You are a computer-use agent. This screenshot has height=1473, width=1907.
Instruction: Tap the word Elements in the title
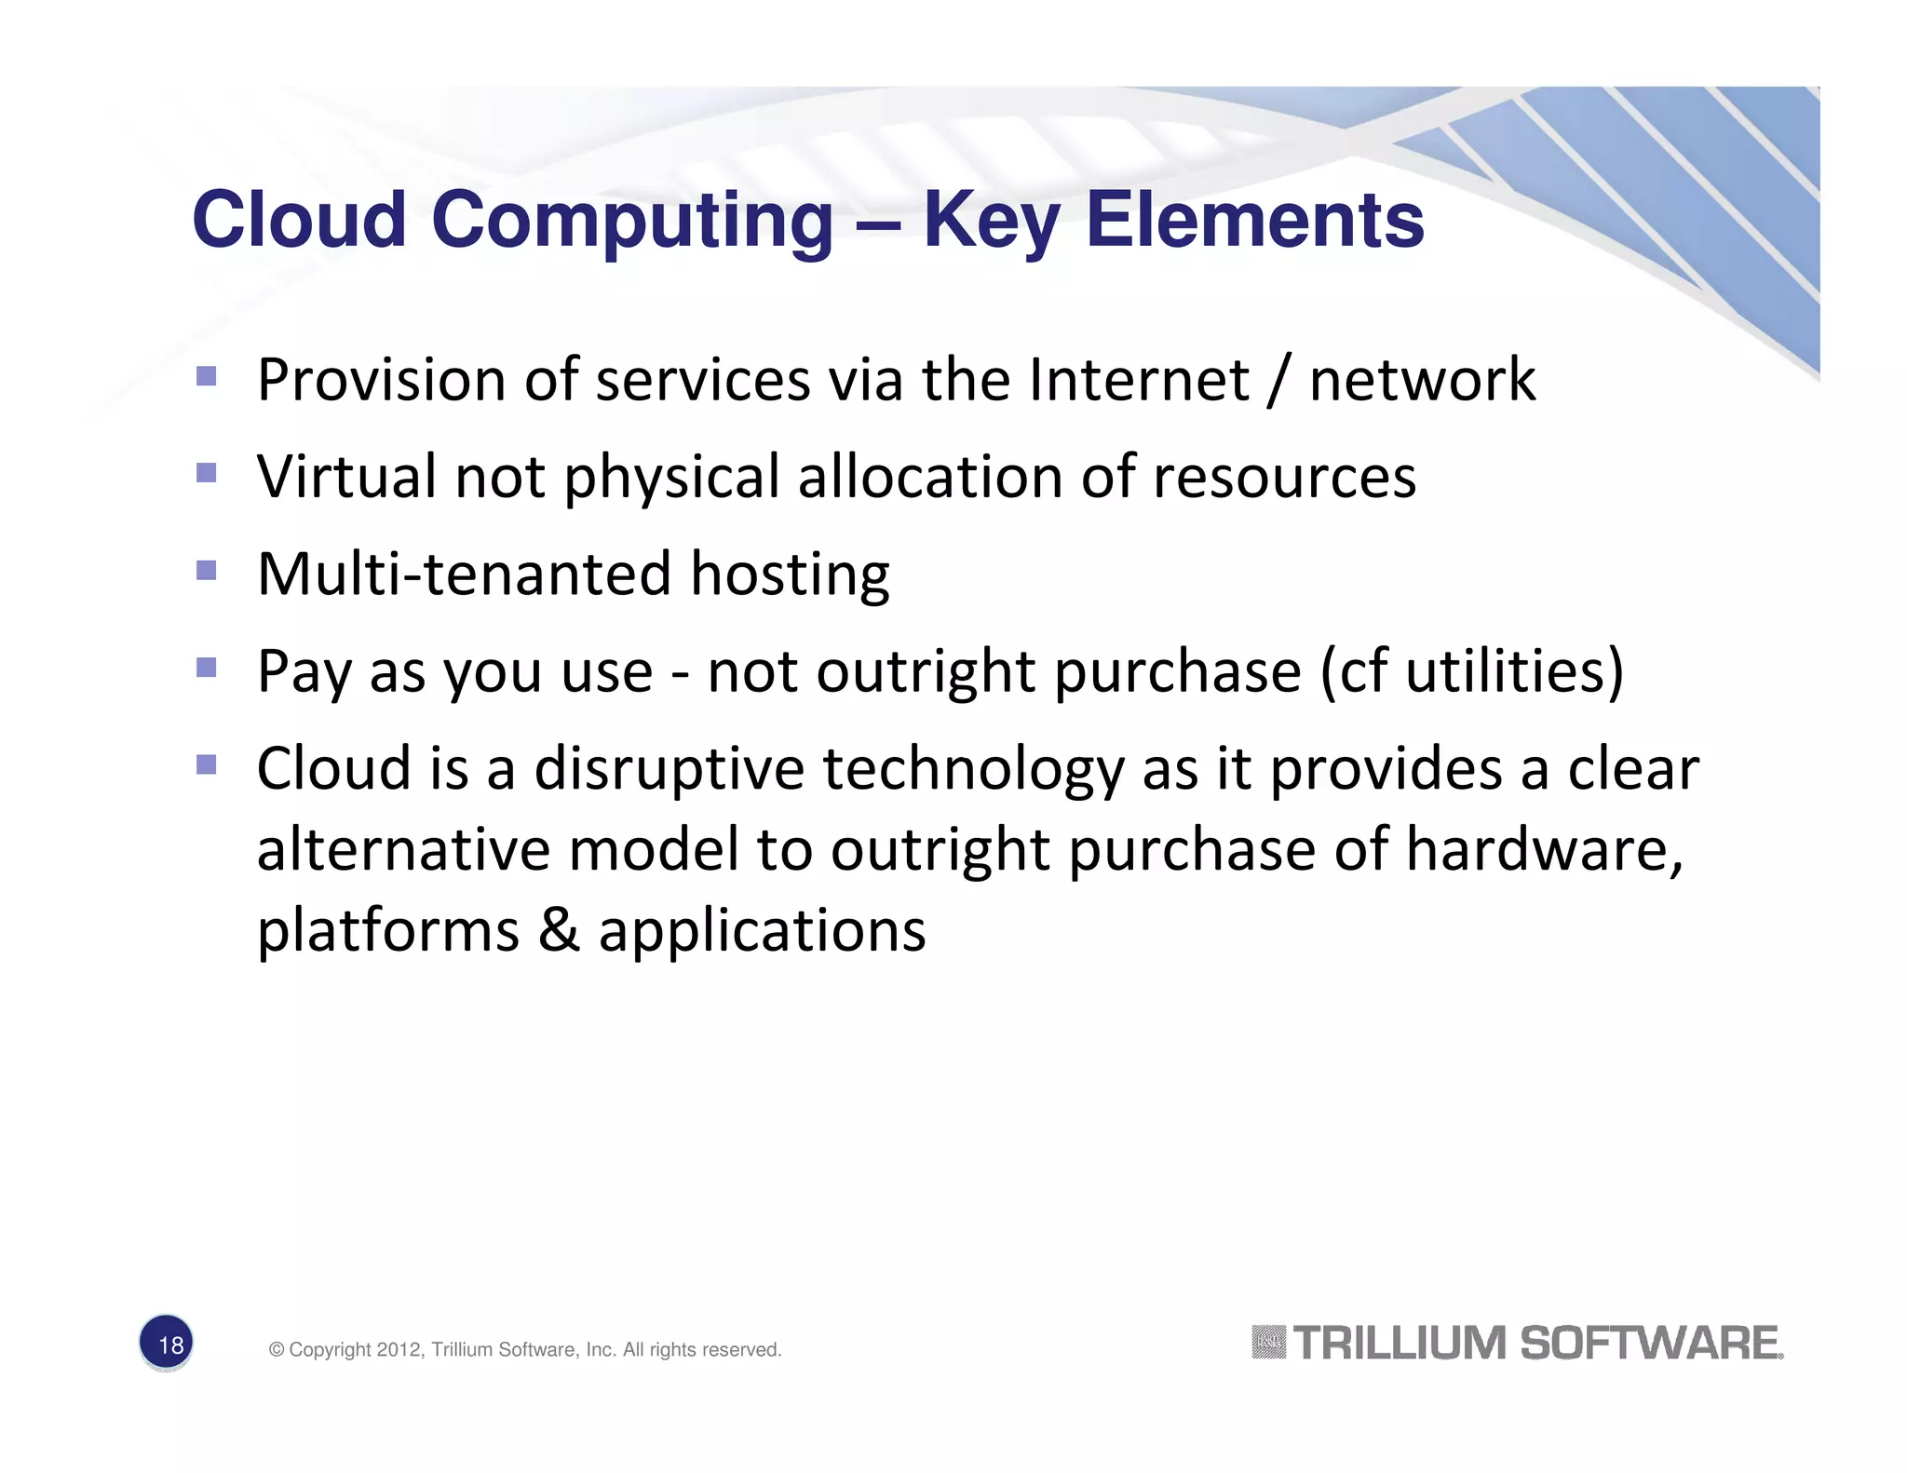click(1254, 221)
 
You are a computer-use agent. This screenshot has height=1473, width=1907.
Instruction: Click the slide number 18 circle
click(167, 1343)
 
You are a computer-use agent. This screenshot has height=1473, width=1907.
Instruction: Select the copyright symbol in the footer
click(276, 1350)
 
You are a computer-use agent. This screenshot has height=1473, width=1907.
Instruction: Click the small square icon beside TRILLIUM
click(1268, 1343)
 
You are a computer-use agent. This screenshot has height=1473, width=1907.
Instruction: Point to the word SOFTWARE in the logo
click(1650, 1344)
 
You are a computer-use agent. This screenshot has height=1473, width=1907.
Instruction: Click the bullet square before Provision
click(207, 376)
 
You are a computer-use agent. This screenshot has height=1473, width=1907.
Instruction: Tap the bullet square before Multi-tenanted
click(207, 569)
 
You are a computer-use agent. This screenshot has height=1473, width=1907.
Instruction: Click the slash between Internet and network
click(1278, 382)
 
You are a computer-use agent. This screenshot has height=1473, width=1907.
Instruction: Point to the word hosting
click(790, 574)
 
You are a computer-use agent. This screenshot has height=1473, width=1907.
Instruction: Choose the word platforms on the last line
click(387, 931)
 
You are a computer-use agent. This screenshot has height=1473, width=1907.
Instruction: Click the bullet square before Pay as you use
click(207, 667)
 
